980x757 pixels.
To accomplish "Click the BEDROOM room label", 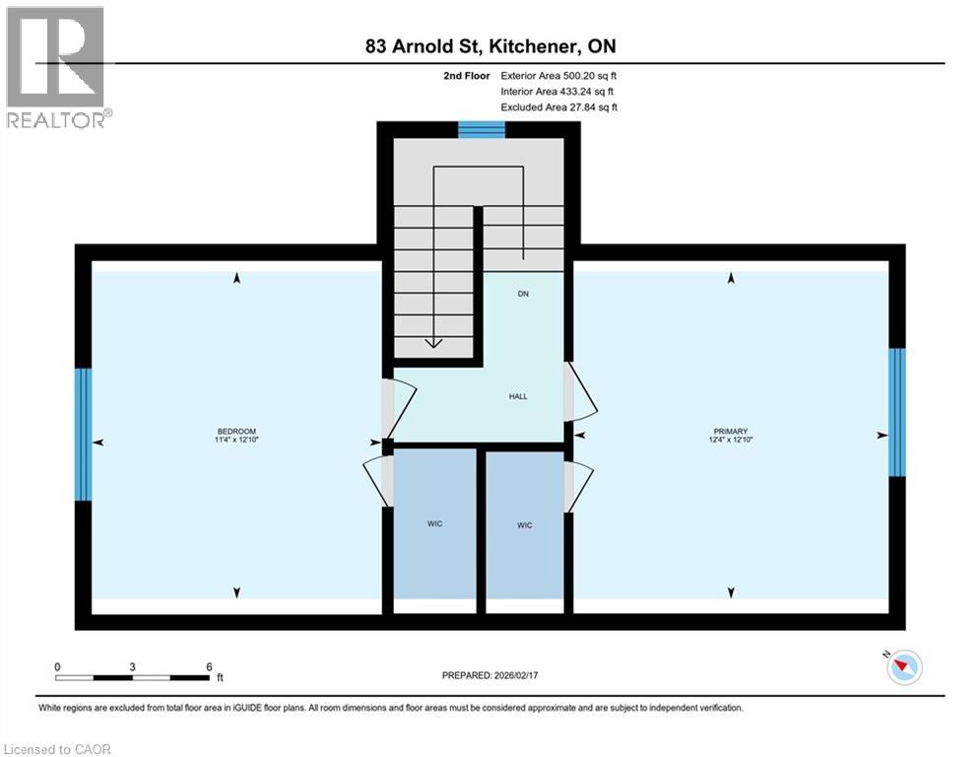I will coord(236,432).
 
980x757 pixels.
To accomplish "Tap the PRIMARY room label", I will coord(731,432).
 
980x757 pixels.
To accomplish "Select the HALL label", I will coord(518,396).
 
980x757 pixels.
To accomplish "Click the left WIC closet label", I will coord(434,523).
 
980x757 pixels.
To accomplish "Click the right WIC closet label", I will coord(524,525).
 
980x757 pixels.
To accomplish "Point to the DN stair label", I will coord(523,294).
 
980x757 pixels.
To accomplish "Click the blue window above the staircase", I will coord(482,129).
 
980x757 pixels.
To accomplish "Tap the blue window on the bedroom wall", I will coord(84,435).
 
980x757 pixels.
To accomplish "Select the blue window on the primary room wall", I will coord(896,411).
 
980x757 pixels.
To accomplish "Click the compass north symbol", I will coord(903,668).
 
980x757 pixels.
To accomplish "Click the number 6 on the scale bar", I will coord(209,666).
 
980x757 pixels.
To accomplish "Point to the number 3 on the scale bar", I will coord(132,666).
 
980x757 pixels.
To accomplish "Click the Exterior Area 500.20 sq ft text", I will coord(558,75).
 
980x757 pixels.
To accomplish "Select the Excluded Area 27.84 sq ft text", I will coord(558,106).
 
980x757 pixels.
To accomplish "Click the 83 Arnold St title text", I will coord(490,46).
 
